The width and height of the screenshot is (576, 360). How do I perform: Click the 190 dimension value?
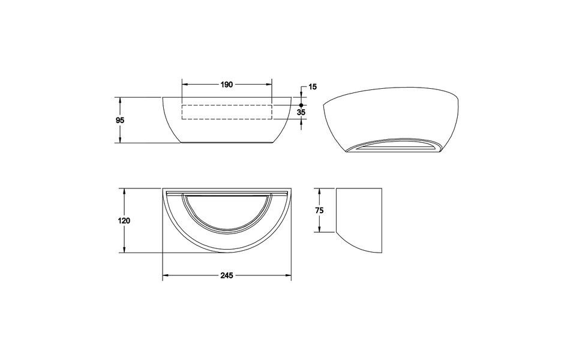226,85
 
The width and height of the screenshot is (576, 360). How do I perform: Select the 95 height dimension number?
120,120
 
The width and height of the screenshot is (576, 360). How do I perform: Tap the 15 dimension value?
312,87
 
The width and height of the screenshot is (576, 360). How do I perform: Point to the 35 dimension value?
301,112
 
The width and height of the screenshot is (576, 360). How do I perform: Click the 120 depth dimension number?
124,220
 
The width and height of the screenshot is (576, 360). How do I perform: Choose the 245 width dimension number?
226,275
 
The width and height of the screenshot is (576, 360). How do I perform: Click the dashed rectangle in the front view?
227,112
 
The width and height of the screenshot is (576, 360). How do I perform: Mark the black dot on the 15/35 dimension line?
301,105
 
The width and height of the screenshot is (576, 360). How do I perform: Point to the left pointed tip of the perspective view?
324,106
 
